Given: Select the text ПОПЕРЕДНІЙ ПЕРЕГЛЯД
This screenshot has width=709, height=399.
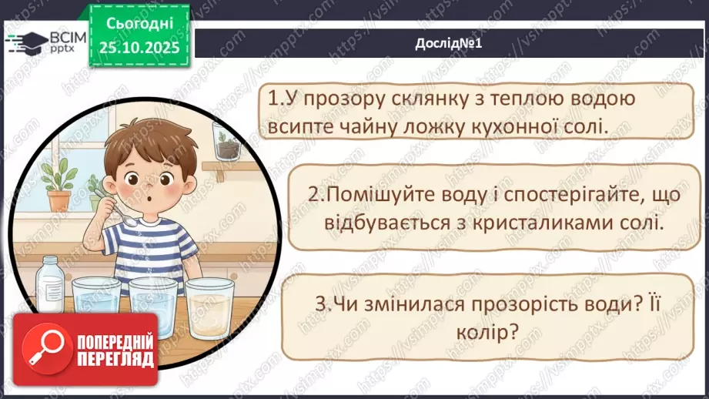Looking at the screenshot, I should [x=115, y=350].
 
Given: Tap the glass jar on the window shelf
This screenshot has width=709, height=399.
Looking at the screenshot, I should [x=225, y=141].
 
